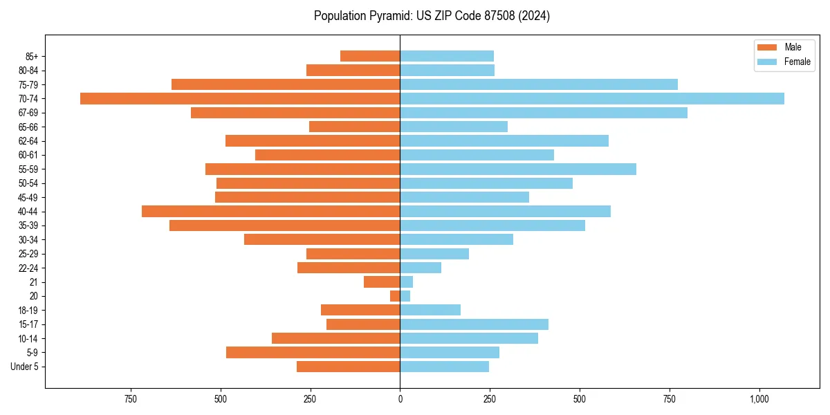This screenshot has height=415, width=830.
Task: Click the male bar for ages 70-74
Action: click(x=240, y=98)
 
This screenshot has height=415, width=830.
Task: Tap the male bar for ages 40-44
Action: click(x=270, y=211)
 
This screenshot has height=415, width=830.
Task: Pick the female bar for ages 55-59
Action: click(x=518, y=169)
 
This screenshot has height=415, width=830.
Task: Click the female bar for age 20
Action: click(x=405, y=296)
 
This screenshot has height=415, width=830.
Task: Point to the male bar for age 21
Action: click(x=382, y=282)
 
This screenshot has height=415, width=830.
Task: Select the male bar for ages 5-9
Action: click(x=313, y=352)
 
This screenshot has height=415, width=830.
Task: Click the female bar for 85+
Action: click(x=447, y=56)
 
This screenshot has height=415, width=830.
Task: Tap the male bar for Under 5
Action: click(x=348, y=367)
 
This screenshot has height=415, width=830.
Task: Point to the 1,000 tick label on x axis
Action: click(x=759, y=400)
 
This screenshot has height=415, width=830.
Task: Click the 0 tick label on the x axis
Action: click(x=400, y=400)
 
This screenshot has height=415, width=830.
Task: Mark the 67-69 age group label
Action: click(x=28, y=113)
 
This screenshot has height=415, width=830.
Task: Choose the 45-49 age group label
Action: click(x=28, y=197)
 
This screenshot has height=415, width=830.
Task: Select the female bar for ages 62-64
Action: click(x=504, y=140)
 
